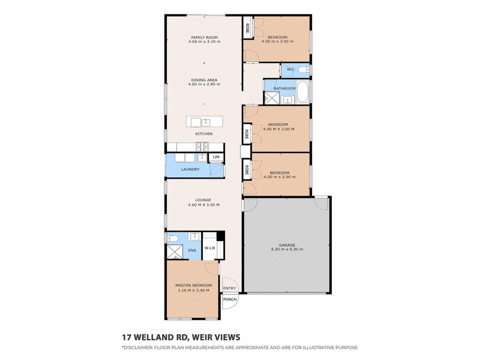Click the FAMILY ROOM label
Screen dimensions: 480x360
pyautogui.click(x=205, y=37)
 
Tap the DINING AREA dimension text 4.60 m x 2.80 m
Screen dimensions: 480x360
pyautogui.click(x=204, y=84)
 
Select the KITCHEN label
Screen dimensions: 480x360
pyautogui.click(x=204, y=134)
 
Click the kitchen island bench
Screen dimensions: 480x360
pyautogui.click(x=205, y=122)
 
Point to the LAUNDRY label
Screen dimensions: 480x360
pyautogui.click(x=190, y=169)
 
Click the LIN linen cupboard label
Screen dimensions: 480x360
pyautogui.click(x=216, y=157)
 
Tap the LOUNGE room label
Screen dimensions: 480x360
pyautogui.click(x=203, y=200)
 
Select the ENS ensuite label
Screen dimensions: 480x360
pyautogui.click(x=192, y=250)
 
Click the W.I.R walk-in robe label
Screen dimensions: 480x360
pyautogui.click(x=209, y=248)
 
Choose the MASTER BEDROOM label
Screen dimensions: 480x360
pyautogui.click(x=193, y=286)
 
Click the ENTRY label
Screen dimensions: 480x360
pyautogui.click(x=230, y=288)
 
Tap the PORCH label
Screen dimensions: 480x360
pyautogui.click(x=230, y=299)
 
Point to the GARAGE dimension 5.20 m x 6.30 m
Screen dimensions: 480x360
pyautogui.click(x=287, y=249)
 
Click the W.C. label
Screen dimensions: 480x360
pyautogui.click(x=291, y=69)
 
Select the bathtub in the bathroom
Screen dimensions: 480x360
pyautogui.click(x=302, y=92)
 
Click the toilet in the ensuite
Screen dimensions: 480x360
pyautogui.click(x=172, y=238)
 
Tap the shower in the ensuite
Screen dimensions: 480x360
pyautogui.click(x=175, y=251)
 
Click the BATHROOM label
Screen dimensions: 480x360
pyautogui.click(x=284, y=88)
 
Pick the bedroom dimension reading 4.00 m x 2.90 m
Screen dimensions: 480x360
pyautogui.click(x=280, y=177)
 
